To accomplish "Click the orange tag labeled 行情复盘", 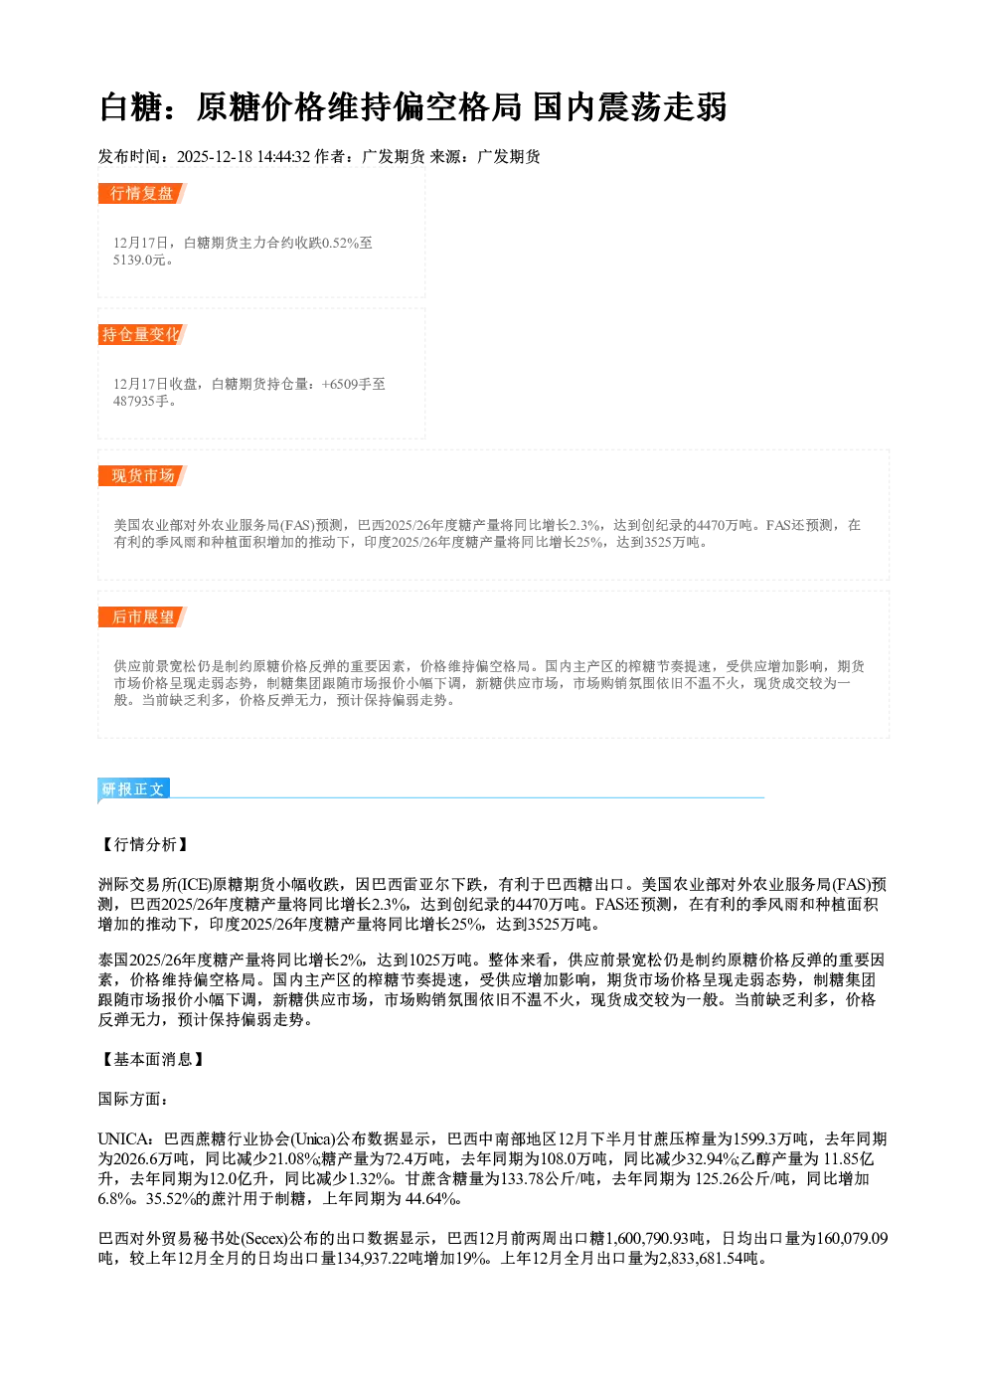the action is pos(142,193).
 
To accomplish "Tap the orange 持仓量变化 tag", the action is pos(142,334).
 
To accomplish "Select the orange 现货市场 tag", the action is pos(142,476).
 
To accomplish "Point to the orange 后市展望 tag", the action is pos(142,617).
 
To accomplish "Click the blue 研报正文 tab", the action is pos(133,789).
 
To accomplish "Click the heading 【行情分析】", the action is pos(144,844).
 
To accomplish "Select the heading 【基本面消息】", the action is pos(152,1059).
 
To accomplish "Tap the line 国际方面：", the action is pos(133,1099).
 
